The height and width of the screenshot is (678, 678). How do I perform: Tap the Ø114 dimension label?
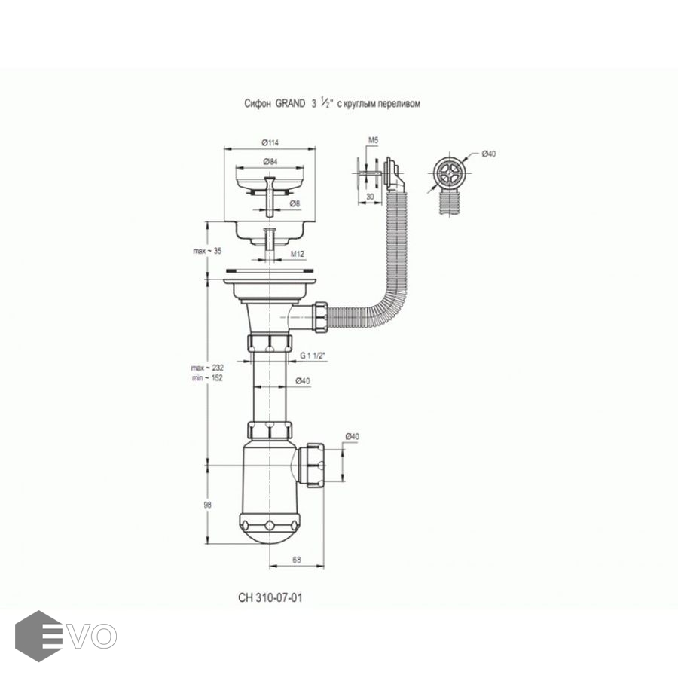click(270, 144)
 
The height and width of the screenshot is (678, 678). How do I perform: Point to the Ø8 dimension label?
click(296, 203)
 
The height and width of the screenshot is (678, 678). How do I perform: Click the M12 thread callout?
click(298, 254)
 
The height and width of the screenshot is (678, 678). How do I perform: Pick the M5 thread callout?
click(373, 141)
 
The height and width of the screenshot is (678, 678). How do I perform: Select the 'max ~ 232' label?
click(191, 367)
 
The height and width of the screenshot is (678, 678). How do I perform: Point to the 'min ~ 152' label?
click(191, 377)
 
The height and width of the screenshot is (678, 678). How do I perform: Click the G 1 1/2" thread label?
click(311, 356)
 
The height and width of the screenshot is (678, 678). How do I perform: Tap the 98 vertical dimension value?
click(197, 505)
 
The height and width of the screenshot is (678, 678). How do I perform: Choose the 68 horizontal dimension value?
click(297, 558)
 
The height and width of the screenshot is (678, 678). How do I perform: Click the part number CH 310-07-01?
click(270, 597)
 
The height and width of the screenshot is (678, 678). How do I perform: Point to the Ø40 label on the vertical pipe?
click(303, 380)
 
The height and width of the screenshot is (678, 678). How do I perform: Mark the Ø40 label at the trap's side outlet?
click(353, 436)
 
